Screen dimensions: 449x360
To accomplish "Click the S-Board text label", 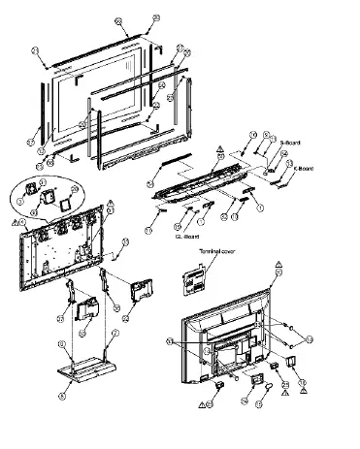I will click(288, 143).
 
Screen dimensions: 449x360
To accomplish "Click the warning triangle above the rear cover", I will click(278, 264).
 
